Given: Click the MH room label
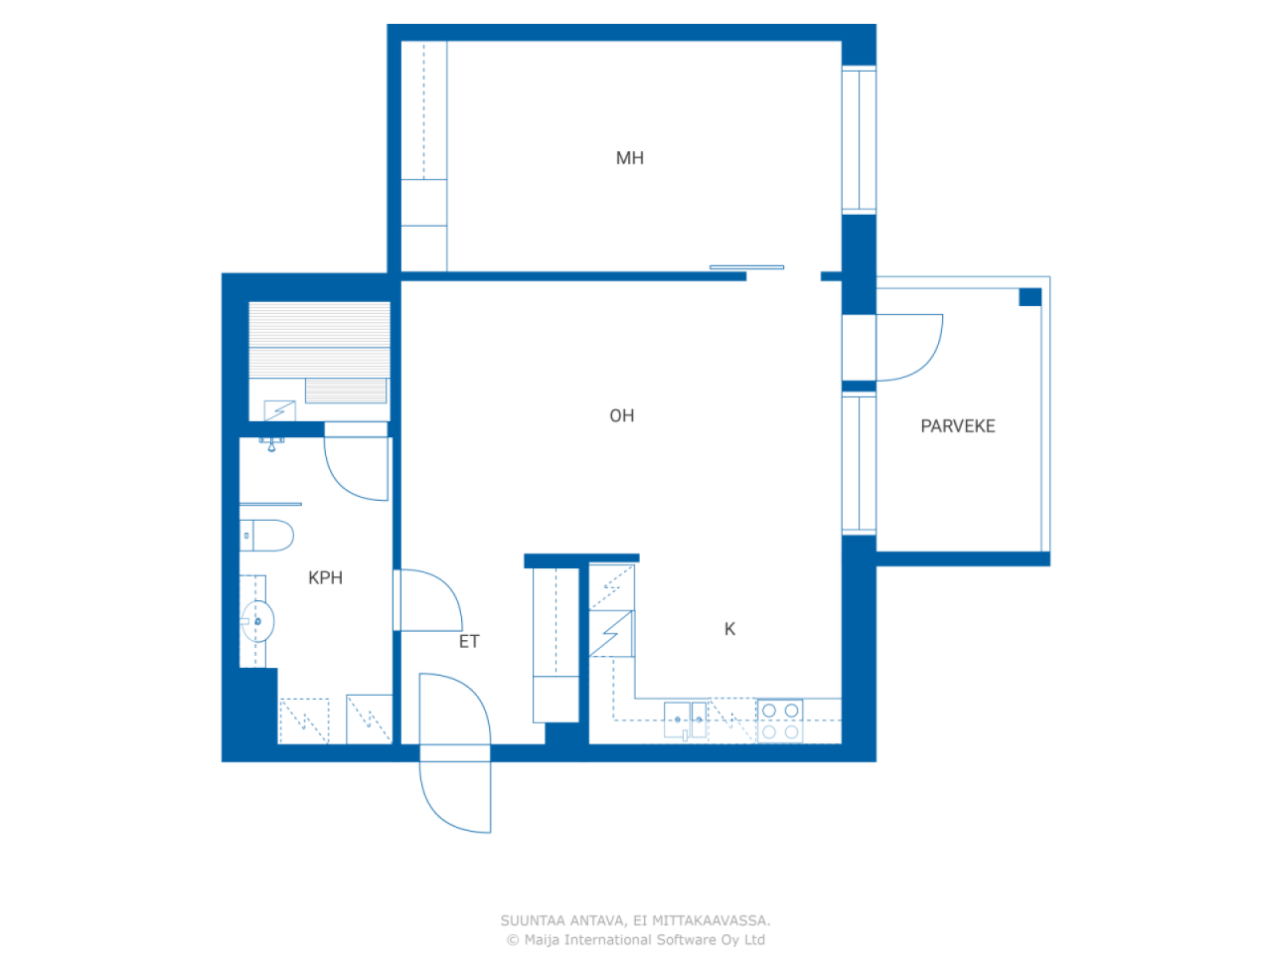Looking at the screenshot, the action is pyautogui.click(x=629, y=158).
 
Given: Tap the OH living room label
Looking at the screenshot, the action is pyautogui.click(x=622, y=415).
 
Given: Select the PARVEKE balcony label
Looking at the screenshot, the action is pyautogui.click(x=957, y=425).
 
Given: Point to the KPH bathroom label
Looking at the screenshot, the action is pyautogui.click(x=325, y=577).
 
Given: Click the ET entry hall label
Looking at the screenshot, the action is pyautogui.click(x=469, y=641).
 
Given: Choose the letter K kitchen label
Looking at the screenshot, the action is pyautogui.click(x=729, y=628).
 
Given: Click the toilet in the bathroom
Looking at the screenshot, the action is pyautogui.click(x=266, y=536).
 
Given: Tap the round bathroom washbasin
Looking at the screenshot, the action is pyautogui.click(x=257, y=621).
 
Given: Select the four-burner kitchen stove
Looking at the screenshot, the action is pyautogui.click(x=780, y=720).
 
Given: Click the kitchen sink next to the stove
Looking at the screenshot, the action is pyautogui.click(x=685, y=720).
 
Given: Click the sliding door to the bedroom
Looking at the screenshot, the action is pyautogui.click(x=746, y=267).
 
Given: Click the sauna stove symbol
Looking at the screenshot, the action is pyautogui.click(x=279, y=410).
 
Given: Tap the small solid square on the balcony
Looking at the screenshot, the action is pyautogui.click(x=1030, y=296).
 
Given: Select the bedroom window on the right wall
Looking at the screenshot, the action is pyautogui.click(x=859, y=139).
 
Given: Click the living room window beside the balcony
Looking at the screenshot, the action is pyautogui.click(x=859, y=463).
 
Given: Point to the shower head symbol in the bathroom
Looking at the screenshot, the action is pyautogui.click(x=271, y=444).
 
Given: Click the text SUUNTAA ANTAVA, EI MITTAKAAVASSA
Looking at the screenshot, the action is pyautogui.click(x=635, y=920).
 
